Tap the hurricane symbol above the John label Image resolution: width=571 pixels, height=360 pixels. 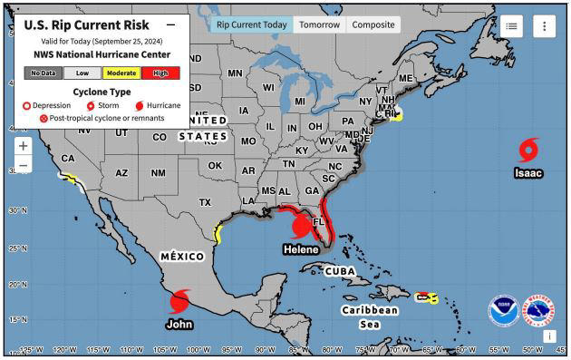point(179,300)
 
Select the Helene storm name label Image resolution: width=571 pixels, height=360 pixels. point(301,249)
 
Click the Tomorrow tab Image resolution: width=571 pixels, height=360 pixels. point(319,24)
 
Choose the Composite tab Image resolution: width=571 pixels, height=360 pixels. point(373,24)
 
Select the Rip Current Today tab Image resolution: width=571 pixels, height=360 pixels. point(252,24)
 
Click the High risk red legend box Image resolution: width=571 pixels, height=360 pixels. point(160,73)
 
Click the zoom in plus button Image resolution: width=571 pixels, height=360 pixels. point(23,145)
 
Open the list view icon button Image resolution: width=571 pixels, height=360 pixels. point(510,26)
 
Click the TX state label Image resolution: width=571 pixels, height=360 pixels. point(205,202)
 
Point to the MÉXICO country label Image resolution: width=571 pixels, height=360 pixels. point(181,257)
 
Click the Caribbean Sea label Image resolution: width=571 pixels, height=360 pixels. point(369,316)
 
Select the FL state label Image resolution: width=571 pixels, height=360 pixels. point(318,221)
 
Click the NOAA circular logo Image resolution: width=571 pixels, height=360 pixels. point(503,311)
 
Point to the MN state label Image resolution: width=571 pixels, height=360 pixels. point(235,73)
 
